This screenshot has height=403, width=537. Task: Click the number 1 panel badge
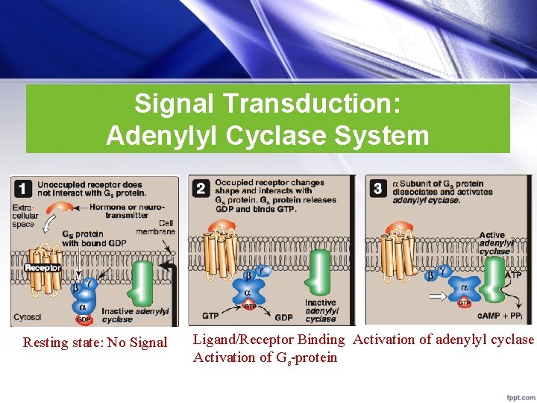tap(23, 187)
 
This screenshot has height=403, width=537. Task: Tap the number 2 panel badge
tap(201, 187)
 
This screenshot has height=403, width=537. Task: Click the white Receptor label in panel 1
tap(43, 267)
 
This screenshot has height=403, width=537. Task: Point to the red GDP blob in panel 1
tap(84, 319)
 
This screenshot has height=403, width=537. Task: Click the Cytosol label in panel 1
tap(28, 318)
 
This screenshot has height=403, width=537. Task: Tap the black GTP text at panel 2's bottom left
tap(211, 317)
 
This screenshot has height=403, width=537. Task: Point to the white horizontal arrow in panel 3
tap(436, 296)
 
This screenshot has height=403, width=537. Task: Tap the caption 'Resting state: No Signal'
tap(95, 343)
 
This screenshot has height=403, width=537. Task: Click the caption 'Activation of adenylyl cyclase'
tap(444, 340)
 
